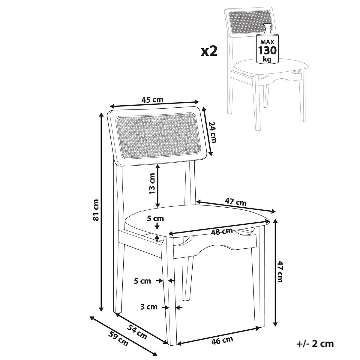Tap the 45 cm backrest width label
click(152, 100)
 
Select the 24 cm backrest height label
click(212, 132)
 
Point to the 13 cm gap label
click(152, 184)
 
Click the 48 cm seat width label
click(222, 231)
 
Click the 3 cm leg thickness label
click(149, 307)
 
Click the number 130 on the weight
click(267, 50)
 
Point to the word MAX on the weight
click(267, 41)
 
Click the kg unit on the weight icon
click(267, 59)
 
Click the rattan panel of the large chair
click(157, 135)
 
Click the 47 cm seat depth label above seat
click(235, 202)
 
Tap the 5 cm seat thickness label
click(155, 218)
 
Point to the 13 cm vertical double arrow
click(158, 186)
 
